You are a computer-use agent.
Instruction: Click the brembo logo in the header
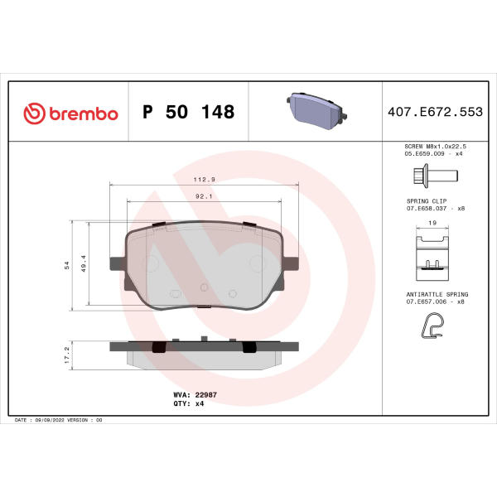70,113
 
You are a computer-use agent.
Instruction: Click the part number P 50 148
189,112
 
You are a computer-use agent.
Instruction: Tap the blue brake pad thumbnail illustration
316,111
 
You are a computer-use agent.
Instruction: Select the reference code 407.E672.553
435,112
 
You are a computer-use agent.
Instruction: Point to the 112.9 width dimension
205,180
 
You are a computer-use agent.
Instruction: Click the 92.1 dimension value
204,196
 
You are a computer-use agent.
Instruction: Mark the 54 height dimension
67,265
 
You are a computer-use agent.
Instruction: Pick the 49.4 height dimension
84,263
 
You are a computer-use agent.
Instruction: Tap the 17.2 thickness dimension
67,355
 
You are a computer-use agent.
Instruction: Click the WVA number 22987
206,394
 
